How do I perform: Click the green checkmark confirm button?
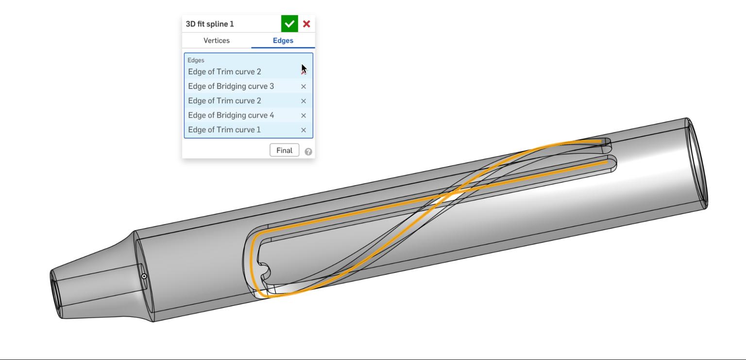(x=289, y=24)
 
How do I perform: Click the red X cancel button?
(x=306, y=24)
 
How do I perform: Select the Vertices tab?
(x=217, y=40)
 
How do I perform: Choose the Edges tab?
(x=283, y=40)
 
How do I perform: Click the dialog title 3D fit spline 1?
(x=210, y=24)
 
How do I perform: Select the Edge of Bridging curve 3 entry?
(x=231, y=86)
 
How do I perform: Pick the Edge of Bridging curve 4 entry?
(x=231, y=115)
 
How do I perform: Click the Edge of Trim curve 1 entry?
(x=224, y=130)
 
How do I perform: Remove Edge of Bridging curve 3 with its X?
(x=304, y=86)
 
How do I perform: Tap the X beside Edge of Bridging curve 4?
(x=304, y=116)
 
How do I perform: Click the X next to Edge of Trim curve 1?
(x=304, y=130)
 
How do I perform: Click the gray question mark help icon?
(x=308, y=152)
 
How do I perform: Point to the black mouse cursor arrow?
(x=304, y=69)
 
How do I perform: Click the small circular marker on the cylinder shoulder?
(x=144, y=276)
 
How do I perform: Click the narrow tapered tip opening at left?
(x=54, y=294)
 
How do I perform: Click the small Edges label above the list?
(x=196, y=60)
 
